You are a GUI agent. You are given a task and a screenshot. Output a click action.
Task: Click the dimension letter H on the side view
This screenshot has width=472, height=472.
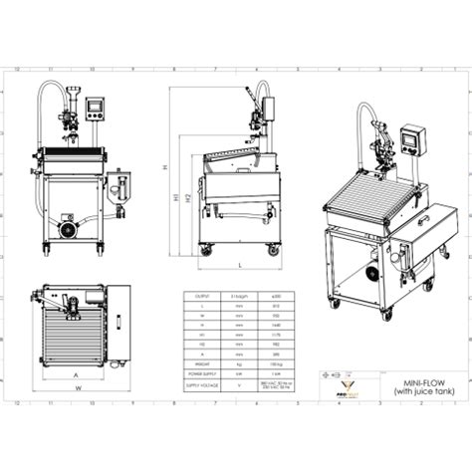[167, 166]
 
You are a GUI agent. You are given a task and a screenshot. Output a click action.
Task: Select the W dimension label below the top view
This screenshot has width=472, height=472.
[76, 389]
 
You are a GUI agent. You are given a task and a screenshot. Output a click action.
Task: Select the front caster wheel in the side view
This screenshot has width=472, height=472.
[206, 249]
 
